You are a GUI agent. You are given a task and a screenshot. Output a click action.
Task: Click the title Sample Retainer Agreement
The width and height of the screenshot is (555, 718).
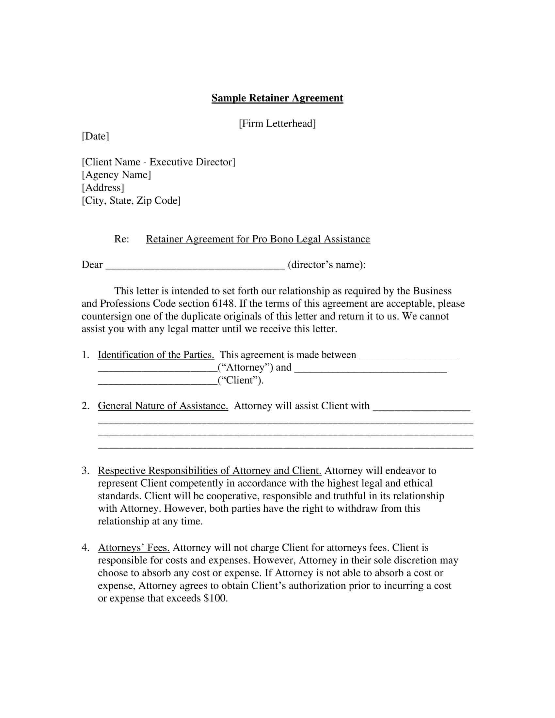[x=277, y=98]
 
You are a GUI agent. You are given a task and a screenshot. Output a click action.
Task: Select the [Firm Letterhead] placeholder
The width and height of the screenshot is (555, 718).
[x=277, y=123]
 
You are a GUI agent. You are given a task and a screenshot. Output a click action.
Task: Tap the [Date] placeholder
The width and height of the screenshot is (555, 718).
[x=95, y=136]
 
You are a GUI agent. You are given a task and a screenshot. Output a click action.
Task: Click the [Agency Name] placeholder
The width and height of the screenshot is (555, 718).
[x=116, y=175]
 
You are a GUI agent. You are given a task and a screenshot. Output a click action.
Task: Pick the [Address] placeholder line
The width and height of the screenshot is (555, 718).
[x=103, y=187]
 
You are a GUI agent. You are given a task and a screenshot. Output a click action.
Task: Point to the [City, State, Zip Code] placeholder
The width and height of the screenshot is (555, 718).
[x=131, y=200]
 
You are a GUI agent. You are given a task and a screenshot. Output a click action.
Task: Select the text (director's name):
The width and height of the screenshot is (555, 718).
[x=326, y=265]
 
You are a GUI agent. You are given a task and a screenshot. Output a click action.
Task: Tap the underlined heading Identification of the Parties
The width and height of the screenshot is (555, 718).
[x=156, y=354]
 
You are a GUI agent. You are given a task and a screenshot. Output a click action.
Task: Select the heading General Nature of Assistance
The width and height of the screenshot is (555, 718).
[x=163, y=406]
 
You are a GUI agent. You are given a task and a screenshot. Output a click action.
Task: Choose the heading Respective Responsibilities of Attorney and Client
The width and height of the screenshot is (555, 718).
[x=210, y=470]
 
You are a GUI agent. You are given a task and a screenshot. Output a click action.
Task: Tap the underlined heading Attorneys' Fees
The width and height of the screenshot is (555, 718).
[x=134, y=547]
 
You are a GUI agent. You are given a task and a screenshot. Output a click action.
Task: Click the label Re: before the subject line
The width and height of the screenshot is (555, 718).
[x=121, y=239]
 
